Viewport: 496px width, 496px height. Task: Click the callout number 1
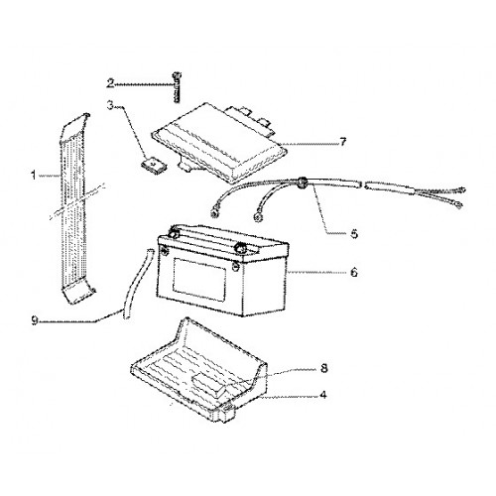pos(33,176)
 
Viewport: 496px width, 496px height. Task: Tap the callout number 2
pos(110,83)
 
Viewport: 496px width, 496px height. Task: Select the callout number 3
pos(110,106)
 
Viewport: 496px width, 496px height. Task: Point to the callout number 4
pos(323,395)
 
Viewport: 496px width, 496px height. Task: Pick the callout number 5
pos(354,234)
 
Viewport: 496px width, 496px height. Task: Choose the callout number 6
pos(354,272)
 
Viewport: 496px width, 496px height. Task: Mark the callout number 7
pos(343,142)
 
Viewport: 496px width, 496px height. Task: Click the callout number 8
pos(324,368)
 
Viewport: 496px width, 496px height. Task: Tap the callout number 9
pos(35,320)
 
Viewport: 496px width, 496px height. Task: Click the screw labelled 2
pos(178,87)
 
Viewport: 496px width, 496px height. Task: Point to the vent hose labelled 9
pos(138,284)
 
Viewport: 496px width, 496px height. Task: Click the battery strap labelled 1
pos(76,208)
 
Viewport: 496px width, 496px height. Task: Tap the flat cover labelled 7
pos(218,142)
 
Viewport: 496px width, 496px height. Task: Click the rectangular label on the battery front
pos(200,280)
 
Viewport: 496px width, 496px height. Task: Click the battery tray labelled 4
pos(198,370)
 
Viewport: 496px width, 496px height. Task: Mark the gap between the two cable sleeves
pos(361,185)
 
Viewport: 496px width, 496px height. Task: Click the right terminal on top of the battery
pos(240,248)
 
